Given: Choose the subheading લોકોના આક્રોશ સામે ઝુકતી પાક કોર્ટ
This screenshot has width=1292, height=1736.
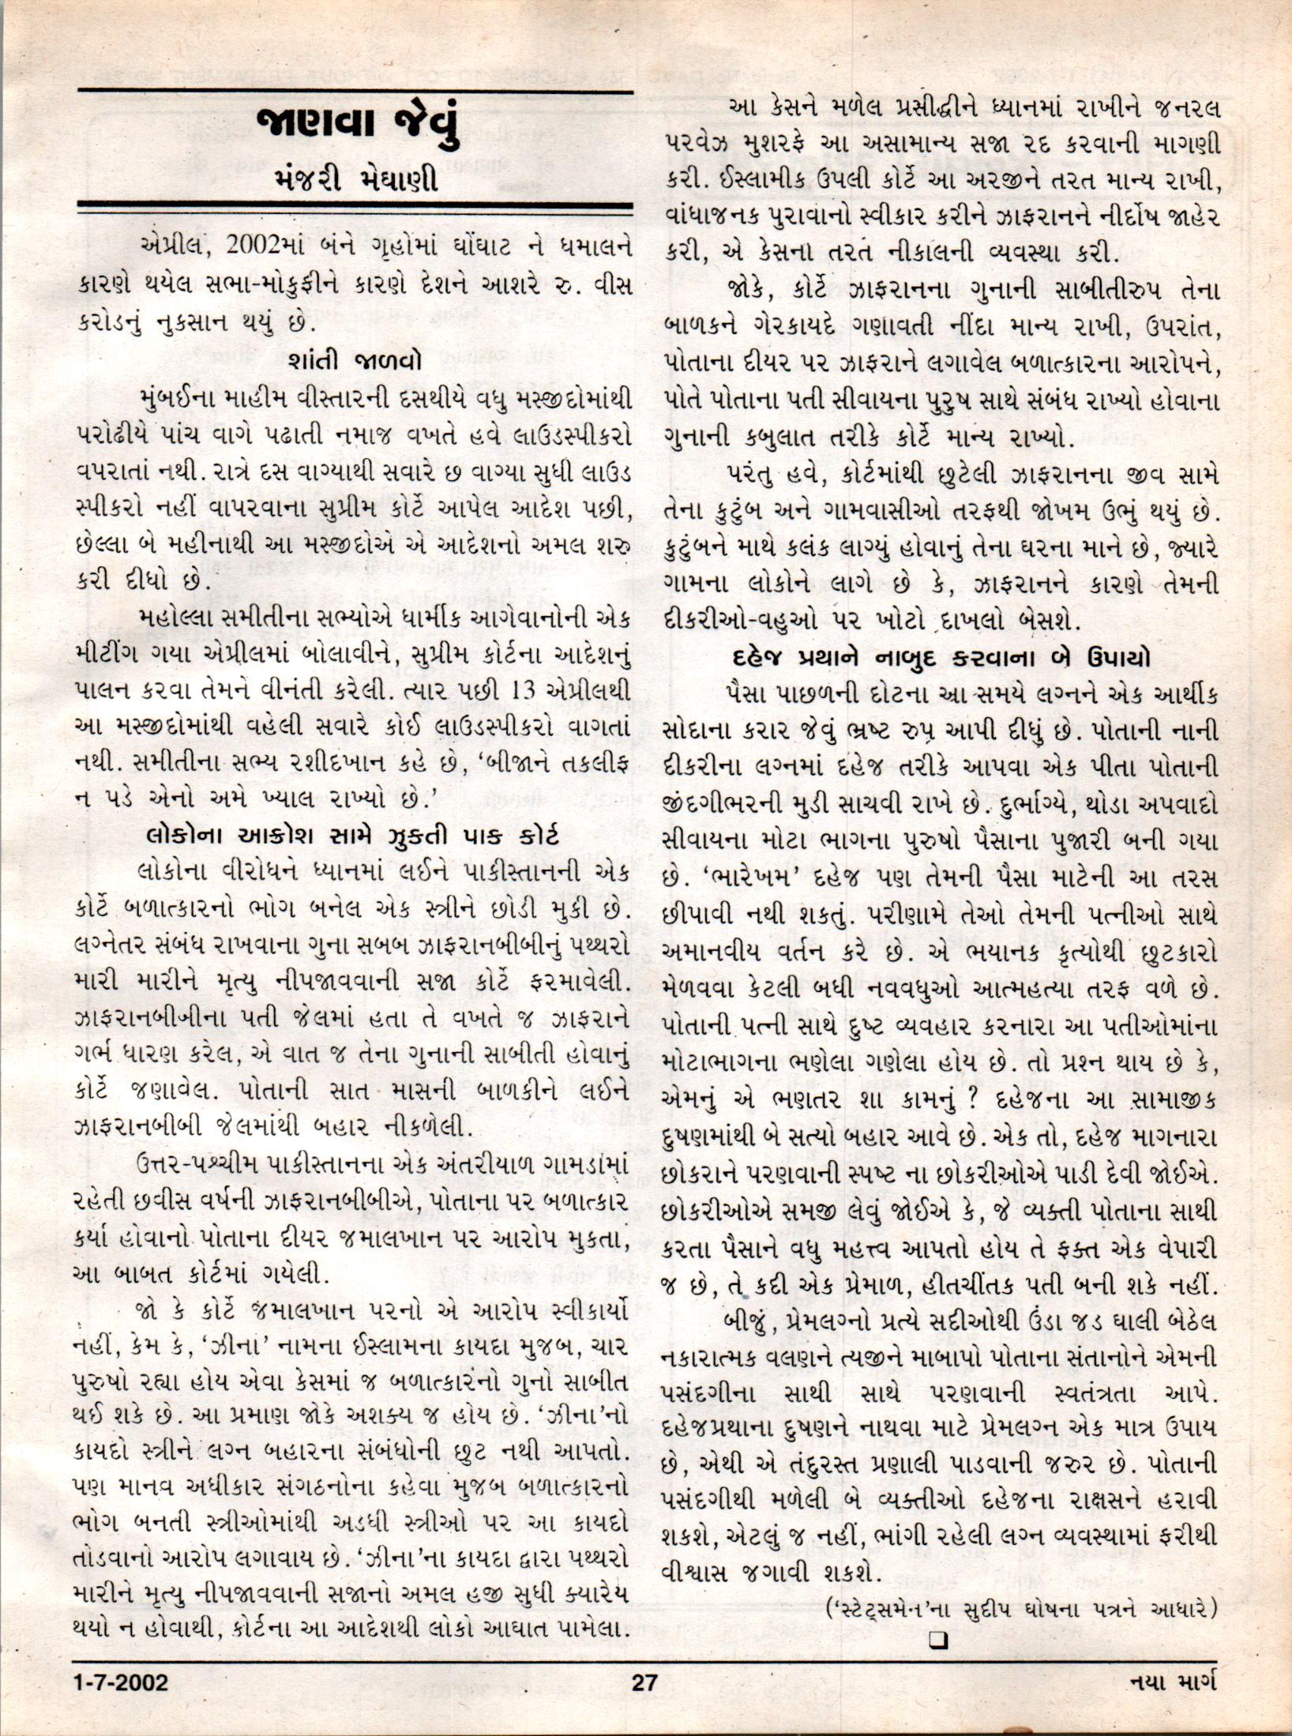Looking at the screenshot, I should click(353, 835).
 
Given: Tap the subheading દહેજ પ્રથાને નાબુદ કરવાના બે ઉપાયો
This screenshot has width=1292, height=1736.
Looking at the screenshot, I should click(941, 659).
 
